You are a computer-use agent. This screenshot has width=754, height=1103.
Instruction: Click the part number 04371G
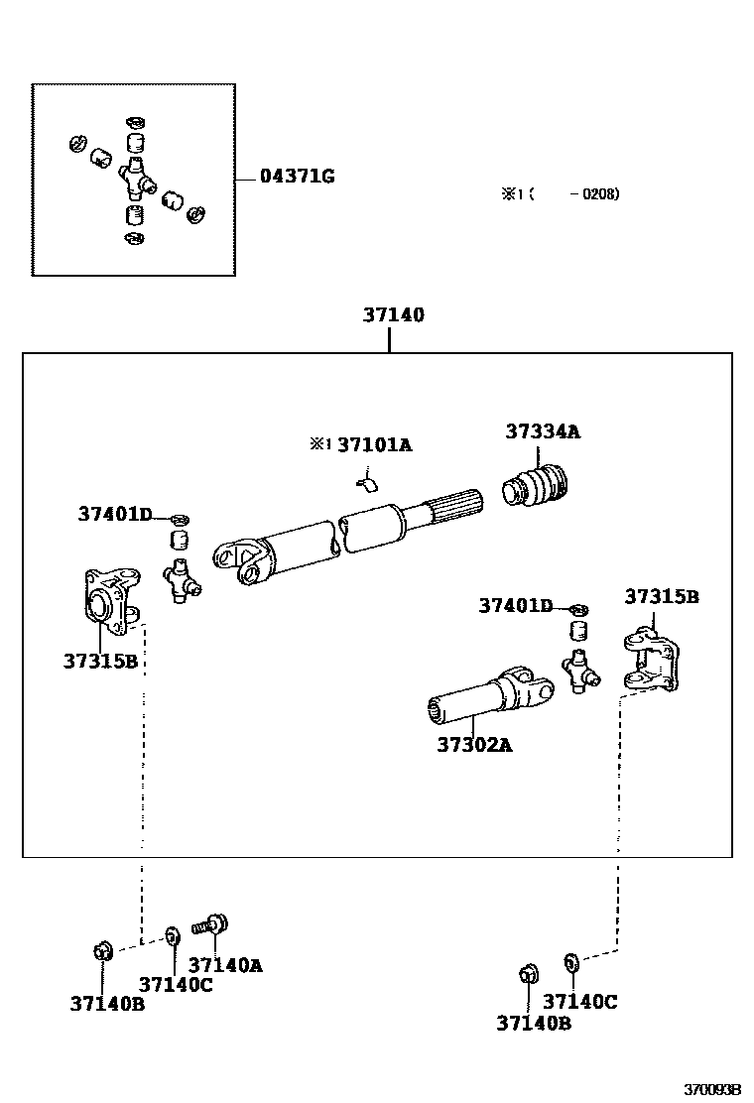[297, 177]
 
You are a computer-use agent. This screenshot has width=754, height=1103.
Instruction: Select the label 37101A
[374, 445]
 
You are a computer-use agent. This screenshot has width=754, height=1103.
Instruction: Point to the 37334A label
[543, 431]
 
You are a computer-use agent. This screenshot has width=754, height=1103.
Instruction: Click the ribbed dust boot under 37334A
[537, 487]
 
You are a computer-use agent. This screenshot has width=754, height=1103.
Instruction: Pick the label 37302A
[474, 744]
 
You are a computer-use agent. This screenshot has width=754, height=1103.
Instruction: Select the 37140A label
[225, 964]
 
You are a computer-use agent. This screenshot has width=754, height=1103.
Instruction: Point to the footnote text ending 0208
[561, 194]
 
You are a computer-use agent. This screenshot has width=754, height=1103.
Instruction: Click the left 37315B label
[100, 661]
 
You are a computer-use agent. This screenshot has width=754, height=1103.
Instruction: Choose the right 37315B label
[662, 596]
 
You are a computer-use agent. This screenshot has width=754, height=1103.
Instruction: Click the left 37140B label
[107, 1003]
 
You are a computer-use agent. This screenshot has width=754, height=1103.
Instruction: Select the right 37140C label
[580, 1002]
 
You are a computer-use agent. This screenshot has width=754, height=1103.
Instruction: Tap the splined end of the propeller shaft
[457, 505]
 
